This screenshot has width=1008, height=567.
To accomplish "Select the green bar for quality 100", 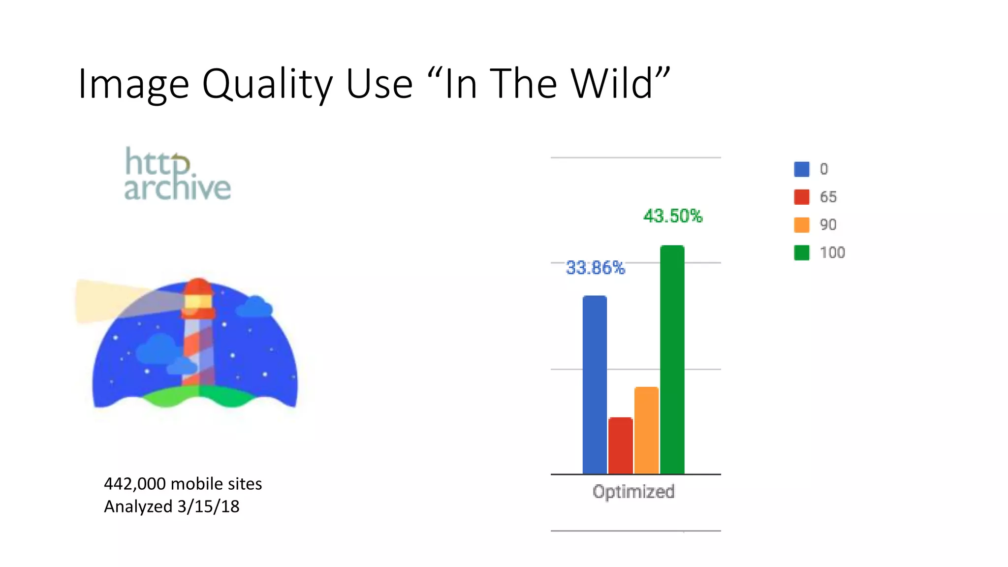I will click(x=672, y=359).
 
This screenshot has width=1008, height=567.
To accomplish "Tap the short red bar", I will click(x=620, y=445).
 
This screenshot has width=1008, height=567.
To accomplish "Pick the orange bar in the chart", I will click(x=646, y=430).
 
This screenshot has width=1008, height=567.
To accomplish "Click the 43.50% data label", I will click(x=672, y=216).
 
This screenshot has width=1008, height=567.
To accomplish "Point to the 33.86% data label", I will click(x=595, y=268).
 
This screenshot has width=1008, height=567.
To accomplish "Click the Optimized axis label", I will click(x=633, y=492).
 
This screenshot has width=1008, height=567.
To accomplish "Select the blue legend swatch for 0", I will click(x=801, y=169).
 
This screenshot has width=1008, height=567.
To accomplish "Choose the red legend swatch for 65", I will click(x=801, y=197).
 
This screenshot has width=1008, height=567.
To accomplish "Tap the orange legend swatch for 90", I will click(x=801, y=225).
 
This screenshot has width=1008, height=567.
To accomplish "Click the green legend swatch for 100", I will click(x=801, y=252).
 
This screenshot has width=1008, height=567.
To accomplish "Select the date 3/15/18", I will click(x=208, y=506).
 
